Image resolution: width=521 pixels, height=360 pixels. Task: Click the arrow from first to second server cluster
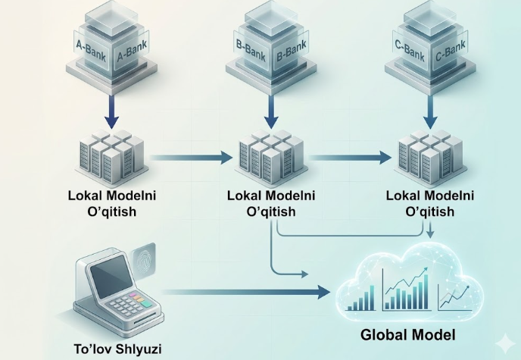click(x=189, y=158)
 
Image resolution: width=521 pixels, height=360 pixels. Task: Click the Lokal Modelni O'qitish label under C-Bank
click(x=429, y=203)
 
